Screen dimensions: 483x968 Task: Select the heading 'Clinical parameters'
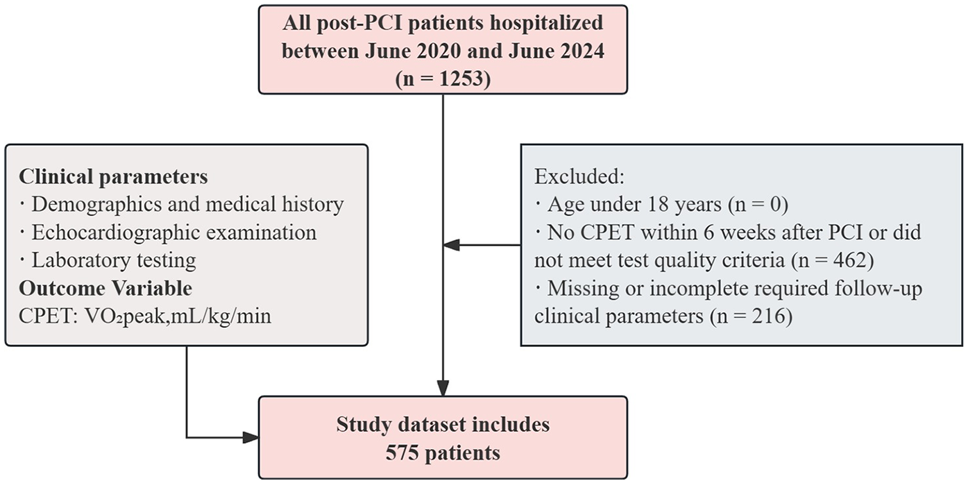point(113,176)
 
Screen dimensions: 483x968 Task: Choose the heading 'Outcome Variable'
point(105,287)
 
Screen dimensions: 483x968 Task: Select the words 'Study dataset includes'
point(443,424)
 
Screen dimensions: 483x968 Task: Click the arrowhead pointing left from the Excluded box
point(451,244)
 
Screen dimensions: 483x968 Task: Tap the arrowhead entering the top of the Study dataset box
point(443,389)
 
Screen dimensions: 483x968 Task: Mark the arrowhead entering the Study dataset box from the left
point(250,437)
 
